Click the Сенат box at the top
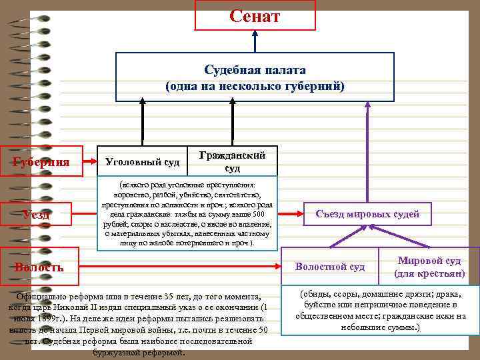(255, 15)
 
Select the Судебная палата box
(255, 77)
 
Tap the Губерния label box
(41, 161)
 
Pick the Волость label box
(39, 267)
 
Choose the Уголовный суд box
(143, 161)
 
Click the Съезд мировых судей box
(367, 214)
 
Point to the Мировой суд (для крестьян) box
(429, 267)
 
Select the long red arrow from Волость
(180, 266)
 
